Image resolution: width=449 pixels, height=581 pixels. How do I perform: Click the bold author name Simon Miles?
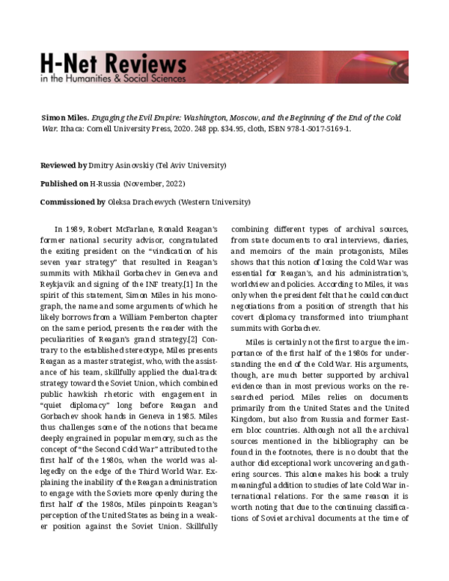click(64, 118)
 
